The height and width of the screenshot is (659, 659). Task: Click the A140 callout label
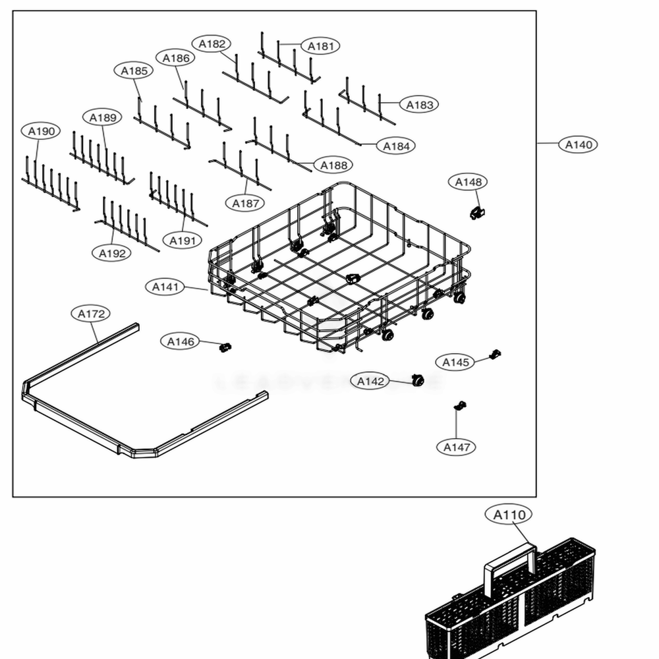[x=578, y=144]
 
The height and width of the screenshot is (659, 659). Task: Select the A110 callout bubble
[x=509, y=515]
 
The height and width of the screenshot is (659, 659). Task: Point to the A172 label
[x=91, y=314]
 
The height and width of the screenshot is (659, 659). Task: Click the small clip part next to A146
[x=225, y=347]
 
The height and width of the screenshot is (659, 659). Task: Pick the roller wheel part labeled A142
[x=416, y=380]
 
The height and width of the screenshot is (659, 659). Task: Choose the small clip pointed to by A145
[x=496, y=355]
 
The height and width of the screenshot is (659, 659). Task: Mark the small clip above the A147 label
[x=461, y=405]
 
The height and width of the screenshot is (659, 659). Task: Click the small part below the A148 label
[x=476, y=212]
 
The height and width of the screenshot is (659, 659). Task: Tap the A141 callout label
[x=165, y=287]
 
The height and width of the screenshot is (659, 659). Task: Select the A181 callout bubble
[x=320, y=46]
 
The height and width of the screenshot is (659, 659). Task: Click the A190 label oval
[x=41, y=131]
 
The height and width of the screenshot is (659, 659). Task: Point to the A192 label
[x=111, y=252]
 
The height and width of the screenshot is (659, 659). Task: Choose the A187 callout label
[x=245, y=203]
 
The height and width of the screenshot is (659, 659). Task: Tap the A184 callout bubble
[x=396, y=146]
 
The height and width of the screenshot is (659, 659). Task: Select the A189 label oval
[x=103, y=117]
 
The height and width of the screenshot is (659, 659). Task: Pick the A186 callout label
[x=176, y=58]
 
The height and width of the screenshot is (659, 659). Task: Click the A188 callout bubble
[x=333, y=165]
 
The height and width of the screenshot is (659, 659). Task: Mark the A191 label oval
[x=182, y=241]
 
